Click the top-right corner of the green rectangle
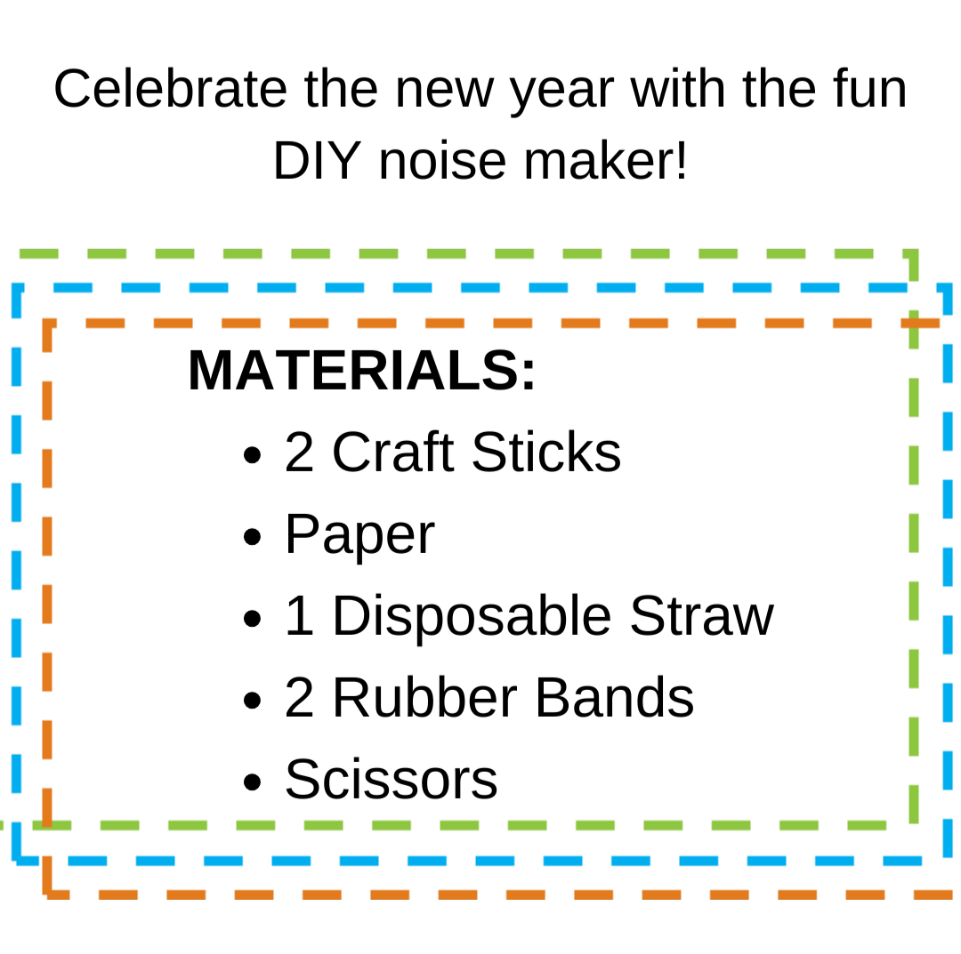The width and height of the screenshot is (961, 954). [914, 254]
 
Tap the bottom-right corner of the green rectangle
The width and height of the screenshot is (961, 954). [914, 825]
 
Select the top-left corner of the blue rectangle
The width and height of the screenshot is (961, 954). [16, 288]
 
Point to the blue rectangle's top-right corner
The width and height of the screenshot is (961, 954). [948, 288]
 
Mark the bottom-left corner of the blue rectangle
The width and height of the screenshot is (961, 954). [16, 861]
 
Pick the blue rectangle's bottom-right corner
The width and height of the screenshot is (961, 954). [948, 861]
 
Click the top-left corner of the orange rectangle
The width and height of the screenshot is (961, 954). [47, 324]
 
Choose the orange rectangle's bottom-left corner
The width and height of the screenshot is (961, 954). [47, 894]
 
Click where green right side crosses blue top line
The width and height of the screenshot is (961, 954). [914, 288]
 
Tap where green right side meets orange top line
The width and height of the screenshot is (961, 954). [914, 324]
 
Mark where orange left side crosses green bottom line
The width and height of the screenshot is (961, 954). [47, 825]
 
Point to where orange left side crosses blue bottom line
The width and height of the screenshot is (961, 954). [47, 861]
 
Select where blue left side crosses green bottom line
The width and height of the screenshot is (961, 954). [16, 825]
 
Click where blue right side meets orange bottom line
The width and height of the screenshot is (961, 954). [948, 894]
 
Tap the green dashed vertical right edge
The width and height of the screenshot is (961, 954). [914, 533]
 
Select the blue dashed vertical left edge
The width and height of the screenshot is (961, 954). [16, 569]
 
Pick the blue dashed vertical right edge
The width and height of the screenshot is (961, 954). [948, 569]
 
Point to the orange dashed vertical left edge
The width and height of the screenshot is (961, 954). [47, 605]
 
